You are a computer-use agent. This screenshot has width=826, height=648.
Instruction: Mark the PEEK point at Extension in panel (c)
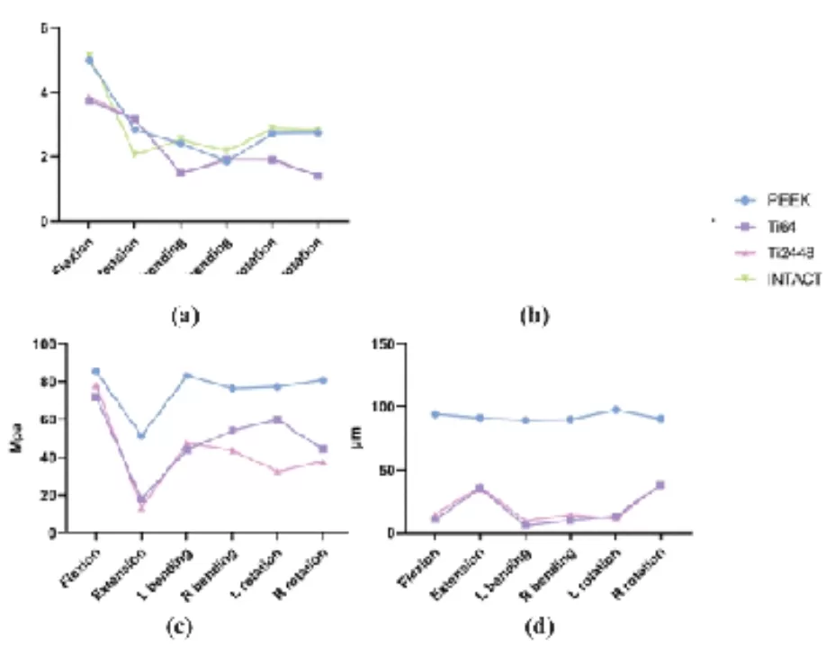(x=141, y=436)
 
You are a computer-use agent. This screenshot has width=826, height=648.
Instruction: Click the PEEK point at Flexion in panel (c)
(x=95, y=371)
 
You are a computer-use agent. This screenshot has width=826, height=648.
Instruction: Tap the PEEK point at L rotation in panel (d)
(x=616, y=409)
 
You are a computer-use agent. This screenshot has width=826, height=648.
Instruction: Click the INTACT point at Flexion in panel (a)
(x=88, y=56)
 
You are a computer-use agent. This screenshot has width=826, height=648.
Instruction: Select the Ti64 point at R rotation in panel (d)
(x=661, y=485)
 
